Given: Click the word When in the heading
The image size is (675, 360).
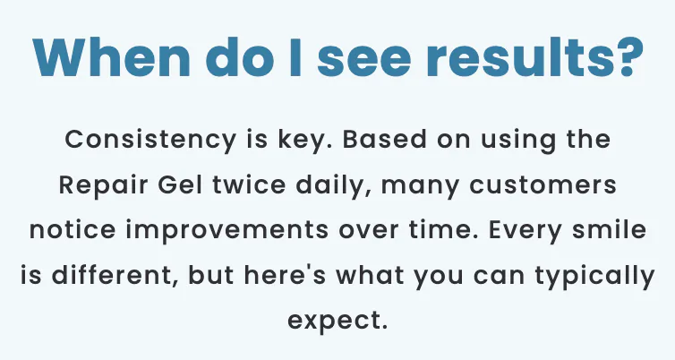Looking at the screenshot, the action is pyautogui.click(x=112, y=58).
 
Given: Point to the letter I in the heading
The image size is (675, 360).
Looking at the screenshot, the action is pyautogui.click(x=295, y=58).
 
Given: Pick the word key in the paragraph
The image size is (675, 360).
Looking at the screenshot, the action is pyautogui.click(x=303, y=141).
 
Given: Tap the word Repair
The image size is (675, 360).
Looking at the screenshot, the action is pyautogui.click(x=103, y=185).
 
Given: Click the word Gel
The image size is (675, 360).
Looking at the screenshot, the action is pyautogui.click(x=180, y=184).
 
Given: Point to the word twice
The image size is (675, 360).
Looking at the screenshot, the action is pyautogui.click(x=249, y=184).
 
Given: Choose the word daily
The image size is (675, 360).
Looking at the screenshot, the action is pyautogui.click(x=329, y=185).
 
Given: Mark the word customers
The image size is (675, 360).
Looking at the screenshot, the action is pyautogui.click(x=543, y=186).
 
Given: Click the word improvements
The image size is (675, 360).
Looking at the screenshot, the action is pyautogui.click(x=227, y=230).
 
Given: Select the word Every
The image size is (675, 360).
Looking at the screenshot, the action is pyautogui.click(x=525, y=230).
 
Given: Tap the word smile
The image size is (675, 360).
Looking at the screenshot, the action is pyautogui.click(x=609, y=229).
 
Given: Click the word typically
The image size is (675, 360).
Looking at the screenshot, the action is pyautogui.click(x=595, y=276).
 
